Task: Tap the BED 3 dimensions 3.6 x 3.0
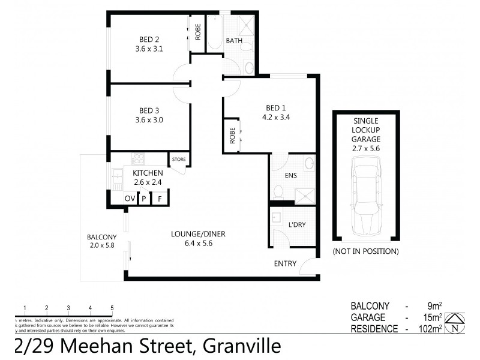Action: pos(147,119)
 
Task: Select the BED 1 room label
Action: pos(276,108)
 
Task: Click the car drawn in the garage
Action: pos(366,196)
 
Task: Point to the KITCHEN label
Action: pos(148,173)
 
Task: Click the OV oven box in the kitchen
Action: pos(130,199)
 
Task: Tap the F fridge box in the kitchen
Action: pos(160,199)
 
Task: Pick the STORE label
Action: pos(179,159)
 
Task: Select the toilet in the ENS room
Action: pos(277,191)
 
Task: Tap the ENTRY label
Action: pos(285,263)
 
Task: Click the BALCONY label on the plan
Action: pos(101,236)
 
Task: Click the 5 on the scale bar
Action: pos(112,308)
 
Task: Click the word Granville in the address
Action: pos(242,347)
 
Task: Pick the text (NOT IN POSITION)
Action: pos(365,251)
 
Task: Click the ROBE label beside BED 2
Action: pos(197,30)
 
